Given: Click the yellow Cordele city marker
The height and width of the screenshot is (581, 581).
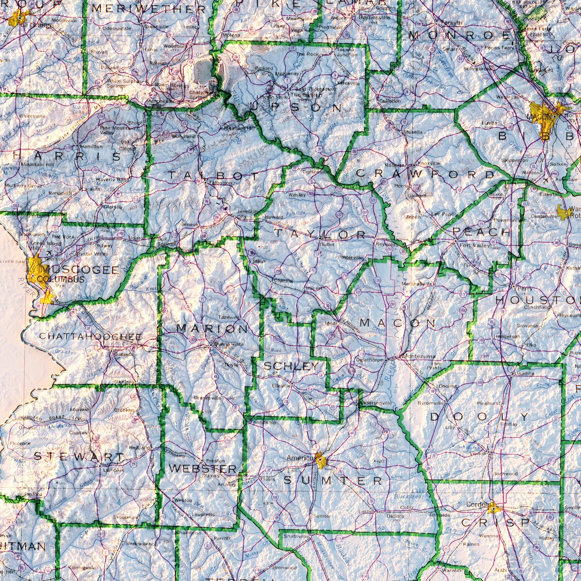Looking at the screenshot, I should point(493,509).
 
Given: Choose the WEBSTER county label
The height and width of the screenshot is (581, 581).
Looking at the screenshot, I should point(203,468).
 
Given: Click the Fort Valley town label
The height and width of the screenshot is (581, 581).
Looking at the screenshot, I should point(475,245).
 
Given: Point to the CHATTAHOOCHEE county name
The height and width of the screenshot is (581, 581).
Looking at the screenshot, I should point(90,337).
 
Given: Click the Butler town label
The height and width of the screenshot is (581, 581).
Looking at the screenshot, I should point(327,244).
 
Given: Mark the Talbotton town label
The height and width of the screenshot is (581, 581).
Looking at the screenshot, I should point(220,183).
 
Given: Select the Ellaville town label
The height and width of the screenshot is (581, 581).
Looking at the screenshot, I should point(281,385).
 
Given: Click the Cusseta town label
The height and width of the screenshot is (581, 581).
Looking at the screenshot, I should point(123,354).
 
